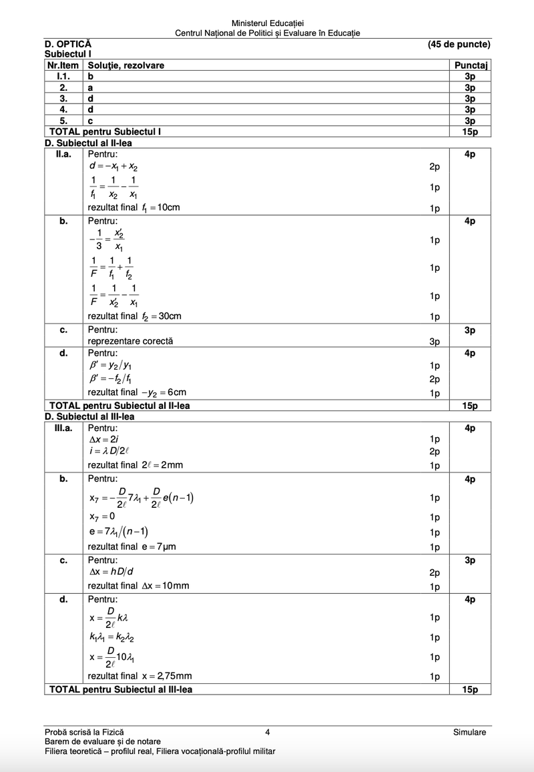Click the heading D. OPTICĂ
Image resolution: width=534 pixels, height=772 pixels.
pyautogui.click(x=69, y=44)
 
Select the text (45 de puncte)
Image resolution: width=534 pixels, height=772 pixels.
pyautogui.click(x=459, y=44)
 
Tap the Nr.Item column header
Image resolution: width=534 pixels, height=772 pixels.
pyautogui.click(x=63, y=65)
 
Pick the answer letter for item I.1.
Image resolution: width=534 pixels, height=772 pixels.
pyautogui.click(x=91, y=76)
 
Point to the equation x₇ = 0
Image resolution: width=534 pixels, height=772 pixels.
pyautogui.click(x=101, y=516)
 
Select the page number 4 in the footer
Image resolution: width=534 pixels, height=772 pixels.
pyautogui.click(x=267, y=732)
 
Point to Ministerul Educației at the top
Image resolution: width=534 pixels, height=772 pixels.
pyautogui.click(x=267, y=24)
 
